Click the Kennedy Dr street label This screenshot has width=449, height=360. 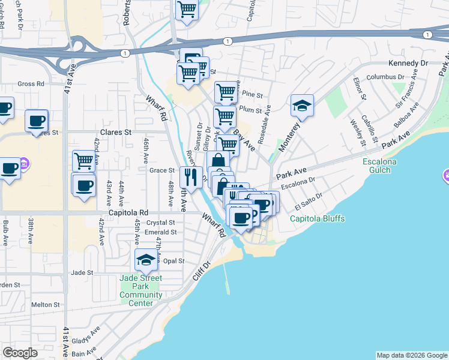406,63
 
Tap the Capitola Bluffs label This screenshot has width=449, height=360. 318,219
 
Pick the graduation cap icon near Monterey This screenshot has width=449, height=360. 302,106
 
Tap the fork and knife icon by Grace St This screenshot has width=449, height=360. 191,177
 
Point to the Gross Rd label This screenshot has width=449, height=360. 31,85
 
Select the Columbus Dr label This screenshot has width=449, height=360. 386,77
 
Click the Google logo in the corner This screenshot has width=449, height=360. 20,353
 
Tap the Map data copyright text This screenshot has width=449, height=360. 411,355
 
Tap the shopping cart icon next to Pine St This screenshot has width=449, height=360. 225,92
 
